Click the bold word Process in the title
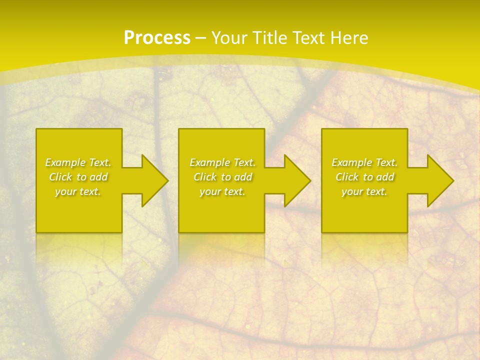157,38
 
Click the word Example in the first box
65,162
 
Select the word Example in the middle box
210,162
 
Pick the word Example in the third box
352,162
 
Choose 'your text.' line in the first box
78,191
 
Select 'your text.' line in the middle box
222,191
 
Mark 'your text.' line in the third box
364,191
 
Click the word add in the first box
99,177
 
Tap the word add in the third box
385,177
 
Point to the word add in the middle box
243,177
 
